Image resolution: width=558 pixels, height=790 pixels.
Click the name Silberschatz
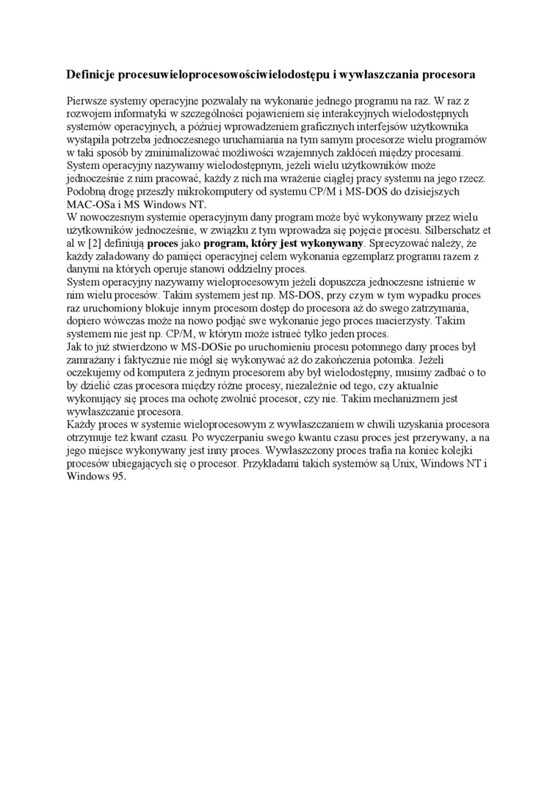pyautogui.click(x=450, y=230)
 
